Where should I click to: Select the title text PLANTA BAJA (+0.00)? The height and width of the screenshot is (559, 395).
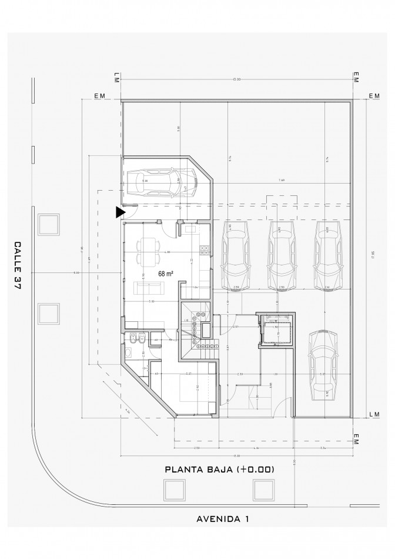(x=219, y=470)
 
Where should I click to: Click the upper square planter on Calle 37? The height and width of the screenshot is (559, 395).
(x=48, y=224)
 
